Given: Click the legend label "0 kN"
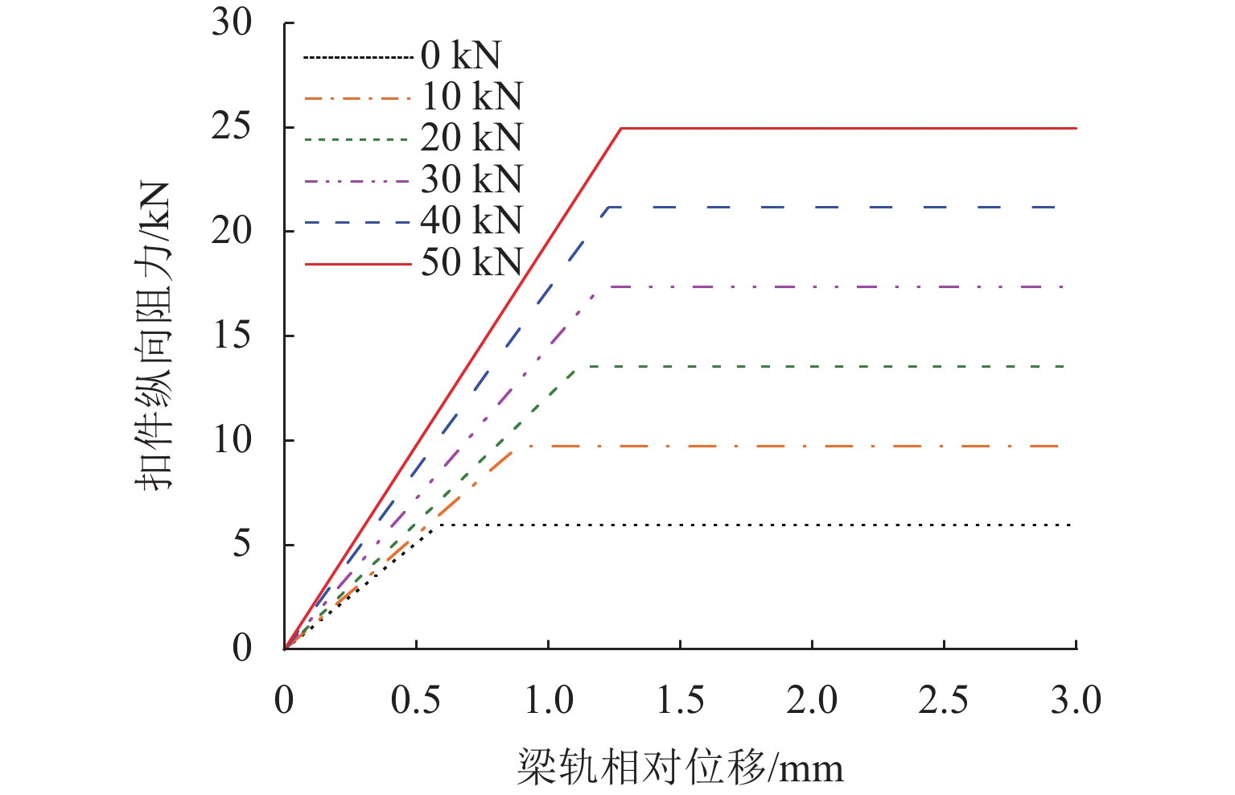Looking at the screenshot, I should [x=460, y=56].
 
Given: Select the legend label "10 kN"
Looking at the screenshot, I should [x=472, y=97].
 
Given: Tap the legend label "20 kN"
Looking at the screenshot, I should [x=471, y=138].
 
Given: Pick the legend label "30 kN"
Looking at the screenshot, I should [x=471, y=179].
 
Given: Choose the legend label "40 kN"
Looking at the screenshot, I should [x=471, y=220].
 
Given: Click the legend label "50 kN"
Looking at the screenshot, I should [x=471, y=262].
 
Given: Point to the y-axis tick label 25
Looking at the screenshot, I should [x=232, y=127].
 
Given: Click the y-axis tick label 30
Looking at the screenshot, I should [x=232, y=23].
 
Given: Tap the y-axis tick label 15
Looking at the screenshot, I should [x=232, y=336].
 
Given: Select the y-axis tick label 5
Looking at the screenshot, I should [x=241, y=545].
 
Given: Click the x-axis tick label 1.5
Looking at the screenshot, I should [x=680, y=701].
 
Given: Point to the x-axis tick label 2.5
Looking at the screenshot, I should [x=943, y=701].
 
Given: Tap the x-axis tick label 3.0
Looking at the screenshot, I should [x=1075, y=701].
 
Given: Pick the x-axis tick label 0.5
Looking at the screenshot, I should [x=416, y=701].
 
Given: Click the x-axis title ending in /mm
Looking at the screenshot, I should [x=680, y=767].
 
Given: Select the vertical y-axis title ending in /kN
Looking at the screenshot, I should [x=153, y=335].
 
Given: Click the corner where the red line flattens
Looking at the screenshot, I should [x=621, y=128].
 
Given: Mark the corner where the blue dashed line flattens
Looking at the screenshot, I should [x=609, y=207].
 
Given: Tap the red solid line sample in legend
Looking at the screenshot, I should [x=358, y=263].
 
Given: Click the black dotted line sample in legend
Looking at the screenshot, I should [x=358, y=57].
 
